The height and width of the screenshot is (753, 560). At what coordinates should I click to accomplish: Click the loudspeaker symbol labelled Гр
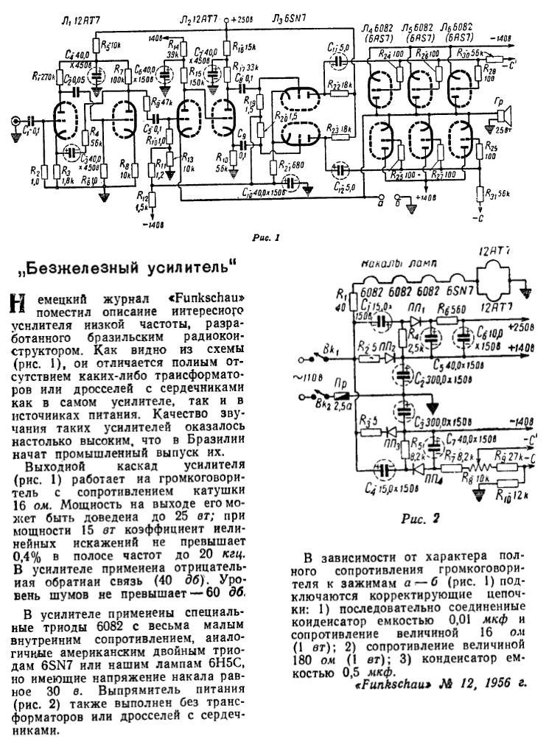coord(503,116)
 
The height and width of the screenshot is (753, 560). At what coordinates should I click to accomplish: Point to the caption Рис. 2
coord(421,518)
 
